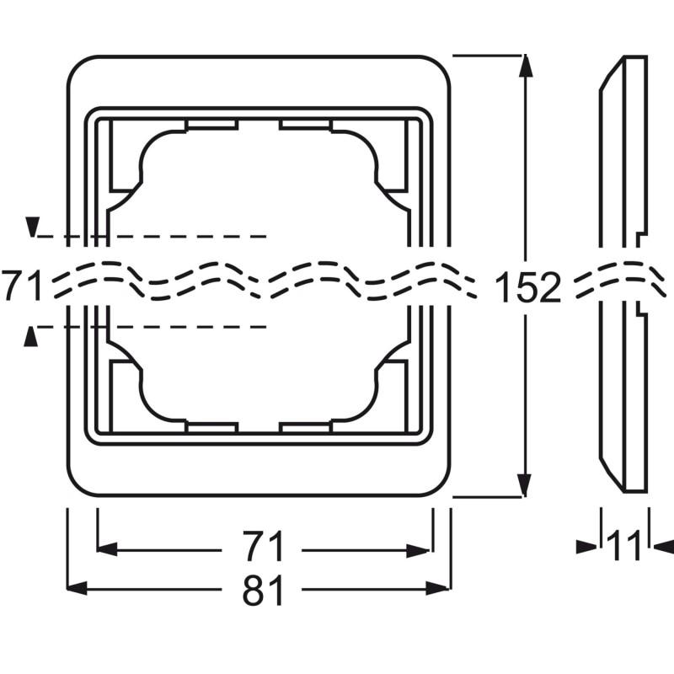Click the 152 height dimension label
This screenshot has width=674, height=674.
pyautogui.click(x=527, y=288)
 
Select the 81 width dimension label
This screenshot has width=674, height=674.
pyautogui.click(x=263, y=592)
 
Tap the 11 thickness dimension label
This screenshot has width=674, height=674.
pyautogui.click(x=624, y=548)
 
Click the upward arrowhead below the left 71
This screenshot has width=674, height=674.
pyautogui.click(x=32, y=336)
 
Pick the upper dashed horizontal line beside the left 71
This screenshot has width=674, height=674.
pyautogui.click(x=152, y=237)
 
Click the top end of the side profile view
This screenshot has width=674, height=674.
pyautogui.click(x=634, y=57)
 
